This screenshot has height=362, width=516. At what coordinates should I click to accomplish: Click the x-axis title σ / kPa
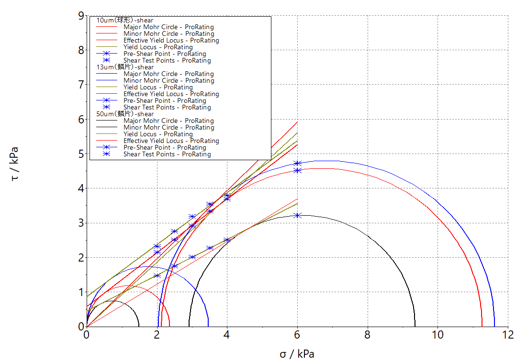(x=297, y=354)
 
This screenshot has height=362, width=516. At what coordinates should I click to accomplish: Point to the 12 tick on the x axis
(x=508, y=334)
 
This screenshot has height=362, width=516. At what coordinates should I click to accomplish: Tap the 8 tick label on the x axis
(x=368, y=334)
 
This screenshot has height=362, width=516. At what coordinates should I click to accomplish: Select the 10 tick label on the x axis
(x=437, y=334)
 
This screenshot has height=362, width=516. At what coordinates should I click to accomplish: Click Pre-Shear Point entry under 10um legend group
(x=165, y=54)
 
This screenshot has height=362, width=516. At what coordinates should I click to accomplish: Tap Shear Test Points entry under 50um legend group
(x=167, y=154)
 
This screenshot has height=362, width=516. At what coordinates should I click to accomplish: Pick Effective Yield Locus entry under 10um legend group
(x=171, y=41)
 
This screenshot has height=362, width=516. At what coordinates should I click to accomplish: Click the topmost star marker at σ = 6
(x=297, y=164)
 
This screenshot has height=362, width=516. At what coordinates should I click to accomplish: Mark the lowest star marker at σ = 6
(x=297, y=215)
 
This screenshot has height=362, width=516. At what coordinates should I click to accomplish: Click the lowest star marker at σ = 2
(x=157, y=275)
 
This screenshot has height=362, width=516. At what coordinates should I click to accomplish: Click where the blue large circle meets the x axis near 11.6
(x=494, y=326)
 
